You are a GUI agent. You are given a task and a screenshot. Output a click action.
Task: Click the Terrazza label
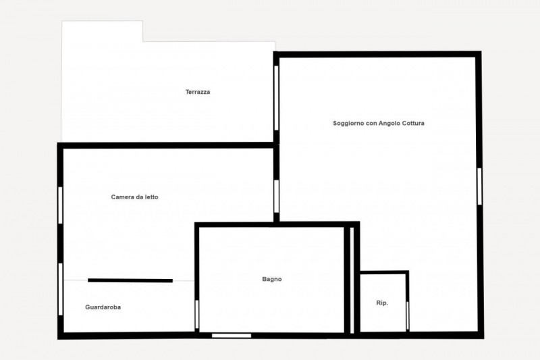[198, 92]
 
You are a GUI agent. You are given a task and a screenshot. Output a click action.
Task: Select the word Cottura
[414, 124]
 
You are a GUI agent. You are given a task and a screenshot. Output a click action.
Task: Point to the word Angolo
[389, 124]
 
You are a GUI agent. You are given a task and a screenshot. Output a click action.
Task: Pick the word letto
[152, 197]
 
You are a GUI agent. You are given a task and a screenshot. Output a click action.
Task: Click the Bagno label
[272, 279]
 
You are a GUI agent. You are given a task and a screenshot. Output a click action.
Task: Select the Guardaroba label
[103, 307]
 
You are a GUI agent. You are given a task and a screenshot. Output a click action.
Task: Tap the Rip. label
[382, 303]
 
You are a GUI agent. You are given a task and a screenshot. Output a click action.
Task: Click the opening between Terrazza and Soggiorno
[276, 98]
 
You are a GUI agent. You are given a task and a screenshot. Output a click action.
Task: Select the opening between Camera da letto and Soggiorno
[276, 197]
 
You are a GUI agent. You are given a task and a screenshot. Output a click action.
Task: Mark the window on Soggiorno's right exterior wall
[479, 186]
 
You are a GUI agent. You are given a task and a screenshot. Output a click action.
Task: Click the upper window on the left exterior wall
[60, 205]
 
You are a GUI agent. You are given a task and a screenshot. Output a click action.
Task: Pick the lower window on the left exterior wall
[60, 289]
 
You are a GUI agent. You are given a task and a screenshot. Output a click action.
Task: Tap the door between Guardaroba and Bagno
[197, 315]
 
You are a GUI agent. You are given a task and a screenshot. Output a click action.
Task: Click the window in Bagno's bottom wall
[232, 336]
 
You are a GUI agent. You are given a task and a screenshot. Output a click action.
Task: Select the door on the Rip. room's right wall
[408, 315]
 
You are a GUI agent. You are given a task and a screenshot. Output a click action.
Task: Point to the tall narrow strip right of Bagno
[352, 280]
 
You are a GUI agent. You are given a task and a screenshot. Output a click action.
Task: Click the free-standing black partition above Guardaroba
[130, 280]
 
